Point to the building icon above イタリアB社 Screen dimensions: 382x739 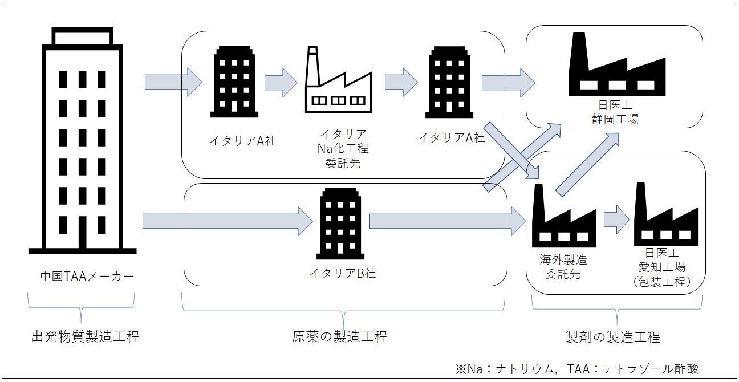coord(340,223)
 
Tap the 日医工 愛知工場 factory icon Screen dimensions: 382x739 coord(665,214)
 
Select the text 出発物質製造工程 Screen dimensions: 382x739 coord(84,336)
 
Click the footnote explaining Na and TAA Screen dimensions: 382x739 coord(576,368)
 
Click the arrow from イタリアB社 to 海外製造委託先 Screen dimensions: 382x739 coord(447,221)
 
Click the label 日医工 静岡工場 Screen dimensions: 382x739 coord(615,112)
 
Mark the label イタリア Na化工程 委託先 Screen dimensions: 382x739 coord(343,148)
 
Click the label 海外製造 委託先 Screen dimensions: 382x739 coord(563,266)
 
